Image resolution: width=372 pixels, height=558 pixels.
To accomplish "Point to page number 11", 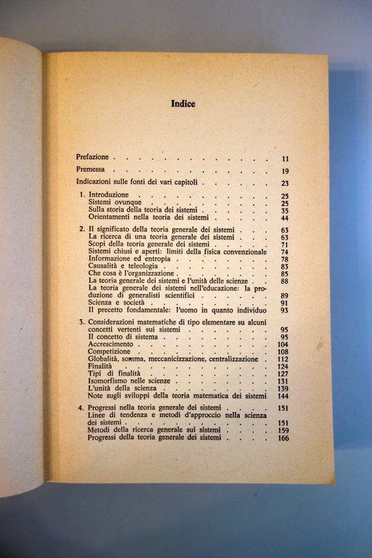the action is [286, 158].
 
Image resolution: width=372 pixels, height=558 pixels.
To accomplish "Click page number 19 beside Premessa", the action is [286, 171].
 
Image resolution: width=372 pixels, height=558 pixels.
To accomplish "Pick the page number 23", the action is [286, 184].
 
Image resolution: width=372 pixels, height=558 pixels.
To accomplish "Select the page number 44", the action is [285, 218].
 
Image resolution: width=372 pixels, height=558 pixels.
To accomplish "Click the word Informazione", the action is [111, 259].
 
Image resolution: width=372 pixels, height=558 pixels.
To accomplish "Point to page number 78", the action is [285, 259].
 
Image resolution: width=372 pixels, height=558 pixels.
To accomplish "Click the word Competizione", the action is [111, 352].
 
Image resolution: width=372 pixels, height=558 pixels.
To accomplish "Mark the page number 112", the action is [283, 360].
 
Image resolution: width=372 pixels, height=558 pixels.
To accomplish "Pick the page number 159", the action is [283, 430].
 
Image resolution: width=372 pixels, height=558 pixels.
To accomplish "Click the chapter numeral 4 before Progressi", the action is [81, 408].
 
